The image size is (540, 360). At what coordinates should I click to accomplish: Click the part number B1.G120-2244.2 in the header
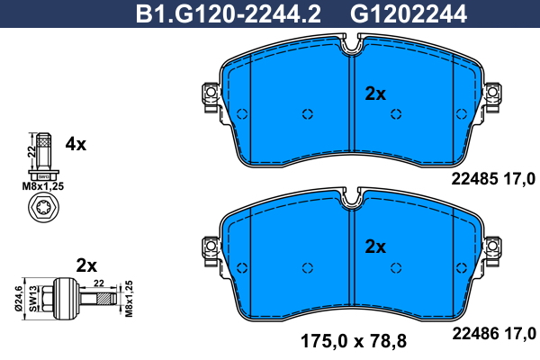point(229,13)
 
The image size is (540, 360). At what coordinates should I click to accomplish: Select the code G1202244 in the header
point(409,13)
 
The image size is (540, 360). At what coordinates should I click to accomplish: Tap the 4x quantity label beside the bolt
point(76,144)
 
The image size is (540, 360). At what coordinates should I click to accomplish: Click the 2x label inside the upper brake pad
point(375,94)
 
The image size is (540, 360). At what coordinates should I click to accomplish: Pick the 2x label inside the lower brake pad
point(375,247)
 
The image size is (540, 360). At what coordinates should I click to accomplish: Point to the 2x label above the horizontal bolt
point(86,265)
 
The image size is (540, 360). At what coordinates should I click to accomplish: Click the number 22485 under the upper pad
point(474,179)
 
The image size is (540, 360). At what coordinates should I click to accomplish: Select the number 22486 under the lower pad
point(475,334)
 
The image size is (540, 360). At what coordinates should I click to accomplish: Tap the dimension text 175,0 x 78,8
point(354,341)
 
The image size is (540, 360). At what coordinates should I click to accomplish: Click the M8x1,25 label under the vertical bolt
point(43,186)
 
